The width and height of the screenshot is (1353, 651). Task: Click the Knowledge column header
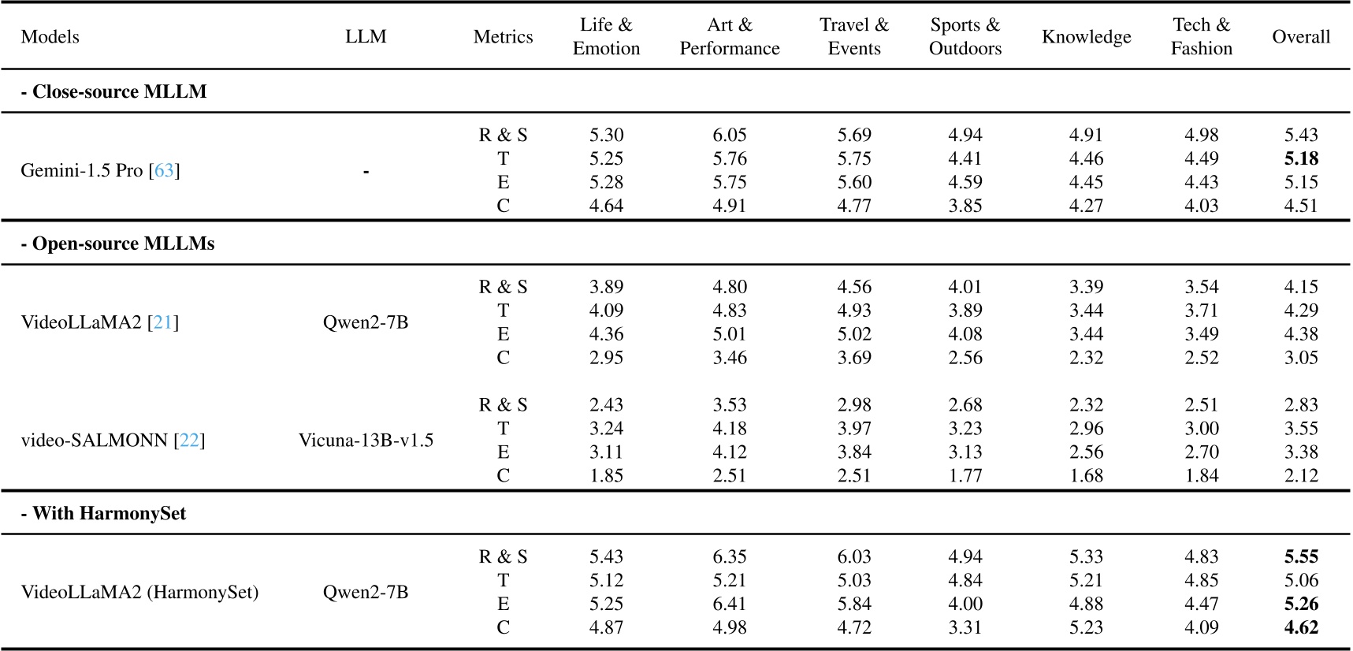click(1086, 37)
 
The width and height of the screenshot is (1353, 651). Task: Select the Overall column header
click(1300, 37)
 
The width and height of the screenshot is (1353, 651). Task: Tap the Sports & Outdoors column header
click(965, 37)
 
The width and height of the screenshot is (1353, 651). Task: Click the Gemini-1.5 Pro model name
click(81, 170)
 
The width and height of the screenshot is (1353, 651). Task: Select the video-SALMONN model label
click(94, 440)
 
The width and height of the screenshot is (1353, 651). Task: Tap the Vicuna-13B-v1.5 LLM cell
click(366, 440)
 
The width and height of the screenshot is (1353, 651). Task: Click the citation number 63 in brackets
click(164, 170)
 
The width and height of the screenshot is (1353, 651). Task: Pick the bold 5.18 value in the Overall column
click(1300, 158)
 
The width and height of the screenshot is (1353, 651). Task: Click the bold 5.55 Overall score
click(1300, 556)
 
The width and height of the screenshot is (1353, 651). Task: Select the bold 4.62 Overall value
click(1300, 627)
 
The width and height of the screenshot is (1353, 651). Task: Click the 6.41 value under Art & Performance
click(729, 604)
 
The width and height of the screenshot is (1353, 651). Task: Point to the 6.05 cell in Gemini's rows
click(729, 135)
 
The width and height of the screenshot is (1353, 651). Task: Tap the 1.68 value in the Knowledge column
click(1086, 475)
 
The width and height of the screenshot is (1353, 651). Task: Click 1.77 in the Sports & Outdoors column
click(965, 475)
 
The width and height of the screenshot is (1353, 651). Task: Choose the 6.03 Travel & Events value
click(854, 556)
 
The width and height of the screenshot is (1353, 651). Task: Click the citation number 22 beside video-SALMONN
click(189, 440)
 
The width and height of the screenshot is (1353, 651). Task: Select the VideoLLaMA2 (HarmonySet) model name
click(139, 592)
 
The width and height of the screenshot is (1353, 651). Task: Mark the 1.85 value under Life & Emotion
click(606, 475)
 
